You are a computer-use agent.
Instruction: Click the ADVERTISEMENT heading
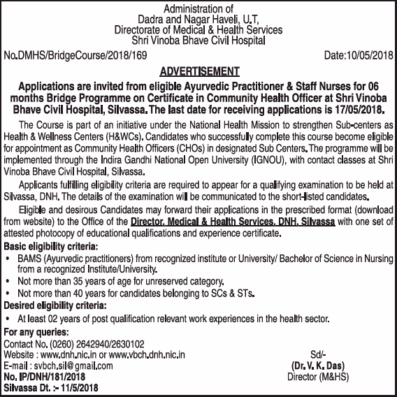pyautogui.click(x=199, y=71)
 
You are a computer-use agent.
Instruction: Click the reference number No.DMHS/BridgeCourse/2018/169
pyautogui.click(x=75, y=54)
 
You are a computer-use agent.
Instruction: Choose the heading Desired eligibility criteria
pyautogui.click(x=56, y=305)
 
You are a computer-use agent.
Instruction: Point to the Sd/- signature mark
pyautogui.click(x=317, y=354)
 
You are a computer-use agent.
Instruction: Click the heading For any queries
pyautogui.click(x=36, y=331)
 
